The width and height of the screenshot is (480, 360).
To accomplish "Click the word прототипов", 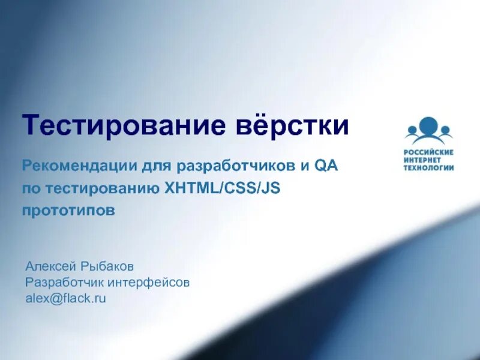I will click(x=68, y=211).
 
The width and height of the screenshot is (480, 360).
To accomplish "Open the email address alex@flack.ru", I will click(x=65, y=297).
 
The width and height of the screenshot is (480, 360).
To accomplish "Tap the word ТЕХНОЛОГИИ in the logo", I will click(x=428, y=167).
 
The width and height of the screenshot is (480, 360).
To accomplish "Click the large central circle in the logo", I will click(x=428, y=127).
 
